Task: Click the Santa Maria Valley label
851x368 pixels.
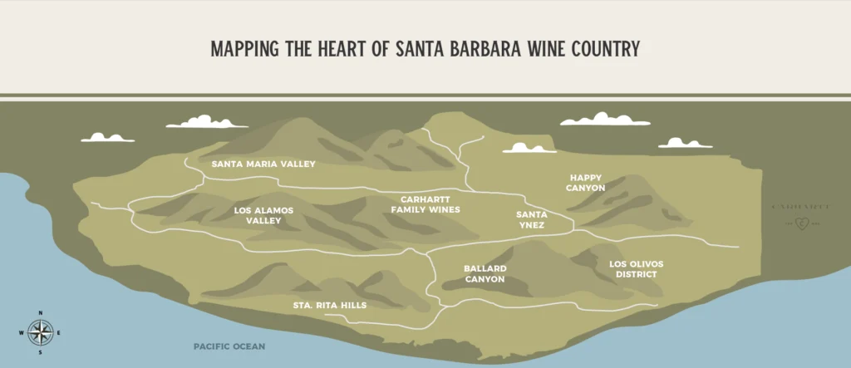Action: (x=263, y=164)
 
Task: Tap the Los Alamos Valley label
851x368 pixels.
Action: (x=263, y=216)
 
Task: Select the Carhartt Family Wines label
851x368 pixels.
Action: (x=425, y=204)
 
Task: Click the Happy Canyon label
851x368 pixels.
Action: (x=587, y=183)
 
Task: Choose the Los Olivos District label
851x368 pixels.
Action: (x=636, y=269)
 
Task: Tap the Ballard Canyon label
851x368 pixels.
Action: (x=485, y=274)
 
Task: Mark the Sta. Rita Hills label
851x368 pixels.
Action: (x=330, y=306)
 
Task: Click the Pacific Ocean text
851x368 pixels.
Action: (x=229, y=346)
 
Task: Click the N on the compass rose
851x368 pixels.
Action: (x=40, y=313)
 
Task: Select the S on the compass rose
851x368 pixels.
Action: (x=40, y=351)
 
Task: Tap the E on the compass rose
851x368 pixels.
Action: (x=59, y=332)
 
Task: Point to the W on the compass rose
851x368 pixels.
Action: (x=21, y=332)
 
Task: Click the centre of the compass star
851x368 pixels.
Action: (x=40, y=332)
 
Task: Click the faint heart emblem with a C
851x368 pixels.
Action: (x=801, y=222)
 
